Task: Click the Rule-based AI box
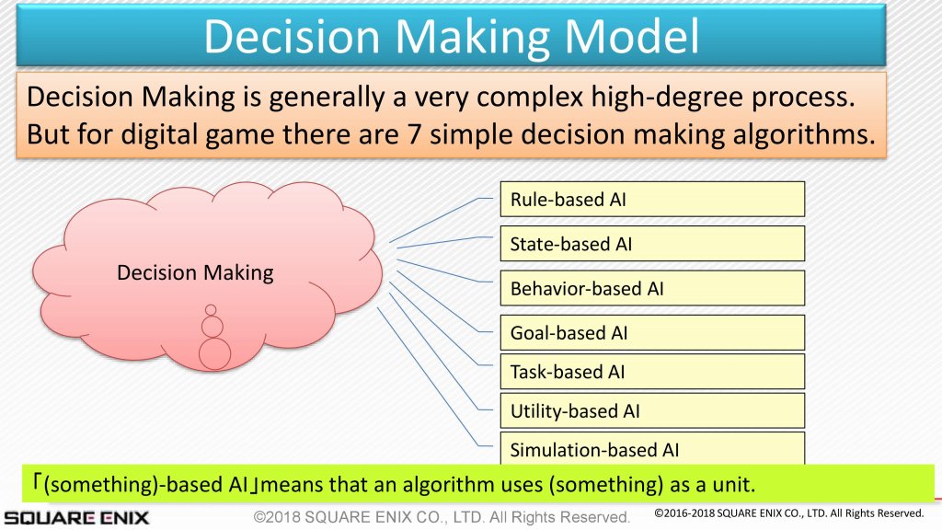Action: pos(652,199)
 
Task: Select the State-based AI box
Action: pos(652,243)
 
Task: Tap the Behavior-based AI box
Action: pos(652,288)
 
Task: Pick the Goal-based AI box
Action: pos(652,332)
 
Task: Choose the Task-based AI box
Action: pos(652,372)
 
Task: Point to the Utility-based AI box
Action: pos(652,410)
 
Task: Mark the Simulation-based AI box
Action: pos(652,448)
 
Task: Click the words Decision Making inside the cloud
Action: pos(195,272)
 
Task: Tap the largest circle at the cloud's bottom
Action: pos(214,353)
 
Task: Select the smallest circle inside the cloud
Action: pos(211,310)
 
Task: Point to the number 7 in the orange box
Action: pos(414,134)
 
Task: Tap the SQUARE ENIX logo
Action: pos(76,517)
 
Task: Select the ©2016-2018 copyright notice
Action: pos(788,513)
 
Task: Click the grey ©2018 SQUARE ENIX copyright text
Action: pos(442,517)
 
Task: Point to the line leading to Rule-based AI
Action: pos(441,219)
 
